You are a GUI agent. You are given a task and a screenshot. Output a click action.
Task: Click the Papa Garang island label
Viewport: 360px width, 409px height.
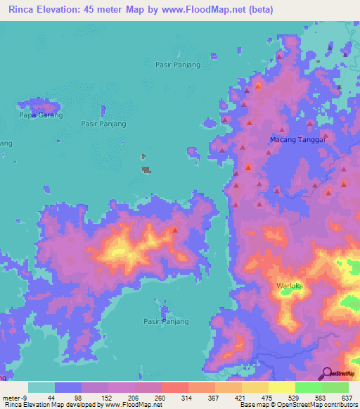click(x=41, y=115)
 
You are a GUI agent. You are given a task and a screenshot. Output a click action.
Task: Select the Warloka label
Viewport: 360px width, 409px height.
click(x=290, y=286)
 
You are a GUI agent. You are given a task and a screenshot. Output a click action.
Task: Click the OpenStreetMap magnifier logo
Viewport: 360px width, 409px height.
click(x=326, y=373)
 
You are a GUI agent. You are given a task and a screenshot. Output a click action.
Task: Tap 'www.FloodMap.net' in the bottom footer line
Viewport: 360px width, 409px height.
click(x=134, y=405)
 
